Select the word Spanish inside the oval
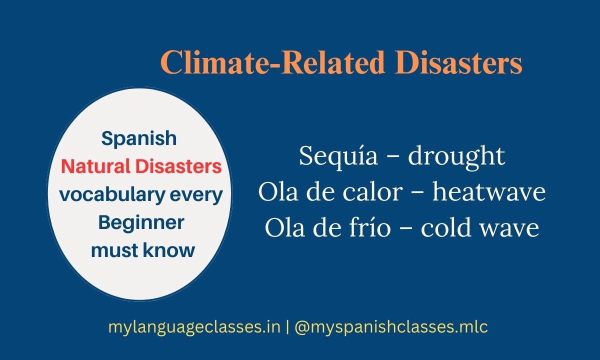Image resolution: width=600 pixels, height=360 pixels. pyautogui.click(x=139, y=138)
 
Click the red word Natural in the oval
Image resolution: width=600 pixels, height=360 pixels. pyautogui.click(x=95, y=166)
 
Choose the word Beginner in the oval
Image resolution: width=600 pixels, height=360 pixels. pyautogui.click(x=141, y=222)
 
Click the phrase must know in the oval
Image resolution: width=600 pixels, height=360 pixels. pyautogui.click(x=142, y=250)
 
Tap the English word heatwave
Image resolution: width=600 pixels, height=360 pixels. pyautogui.click(x=488, y=192)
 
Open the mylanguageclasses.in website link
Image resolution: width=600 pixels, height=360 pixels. pyautogui.click(x=194, y=328)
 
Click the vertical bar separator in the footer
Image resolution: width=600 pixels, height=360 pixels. pyautogui.click(x=287, y=328)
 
